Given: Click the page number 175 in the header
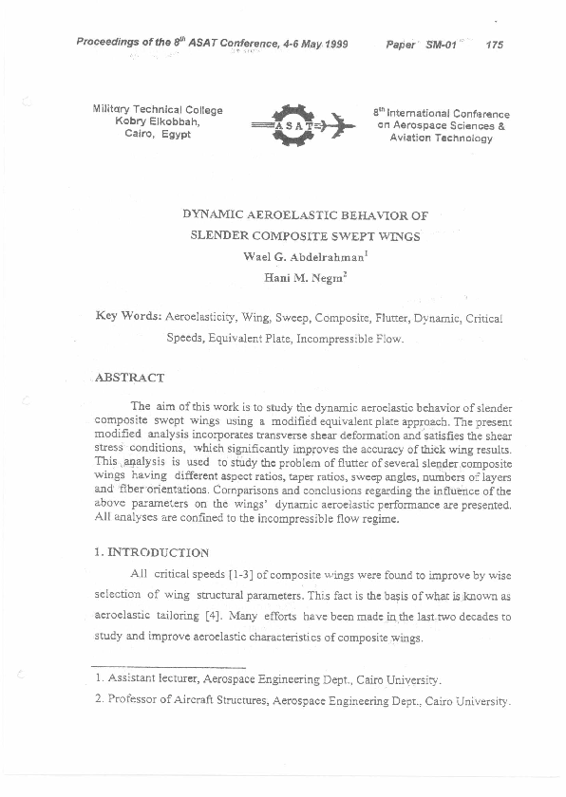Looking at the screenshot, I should [x=494, y=45].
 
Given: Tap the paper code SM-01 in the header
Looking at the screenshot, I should [x=442, y=45].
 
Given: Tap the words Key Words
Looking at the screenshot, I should [x=129, y=317].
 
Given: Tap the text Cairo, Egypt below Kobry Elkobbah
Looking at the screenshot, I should [x=158, y=134].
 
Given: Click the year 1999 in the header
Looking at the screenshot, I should [x=329, y=45].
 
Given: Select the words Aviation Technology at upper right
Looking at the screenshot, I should [x=442, y=138].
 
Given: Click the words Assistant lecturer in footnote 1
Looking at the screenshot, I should [x=150, y=679].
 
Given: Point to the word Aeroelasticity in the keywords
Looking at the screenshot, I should [x=207, y=317].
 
